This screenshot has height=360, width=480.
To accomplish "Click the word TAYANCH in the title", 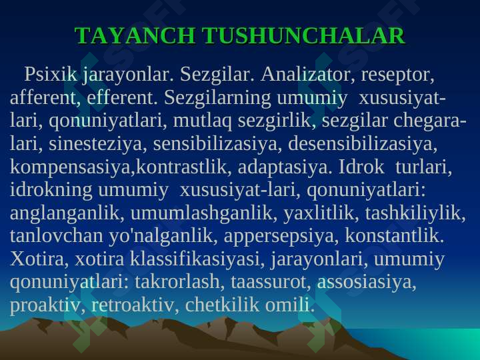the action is (x=135, y=35).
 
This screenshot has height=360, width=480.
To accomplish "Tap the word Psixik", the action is (x=51, y=74).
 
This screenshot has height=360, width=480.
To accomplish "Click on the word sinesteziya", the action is (x=95, y=144).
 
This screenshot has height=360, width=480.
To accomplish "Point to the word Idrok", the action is (x=361, y=167).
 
